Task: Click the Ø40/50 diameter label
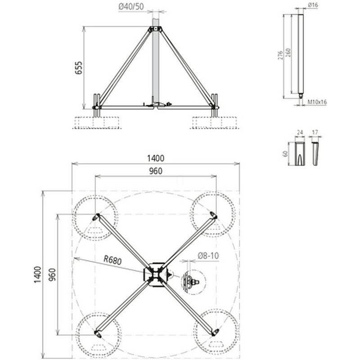click(131, 7)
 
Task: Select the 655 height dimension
click(79, 68)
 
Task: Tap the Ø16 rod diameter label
click(313, 5)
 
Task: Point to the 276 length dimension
click(280, 55)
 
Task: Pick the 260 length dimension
click(288, 53)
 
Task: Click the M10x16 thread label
click(317, 102)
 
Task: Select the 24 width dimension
click(300, 132)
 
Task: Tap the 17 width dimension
click(315, 132)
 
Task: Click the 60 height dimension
click(285, 153)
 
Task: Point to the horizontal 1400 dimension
click(156, 158)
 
